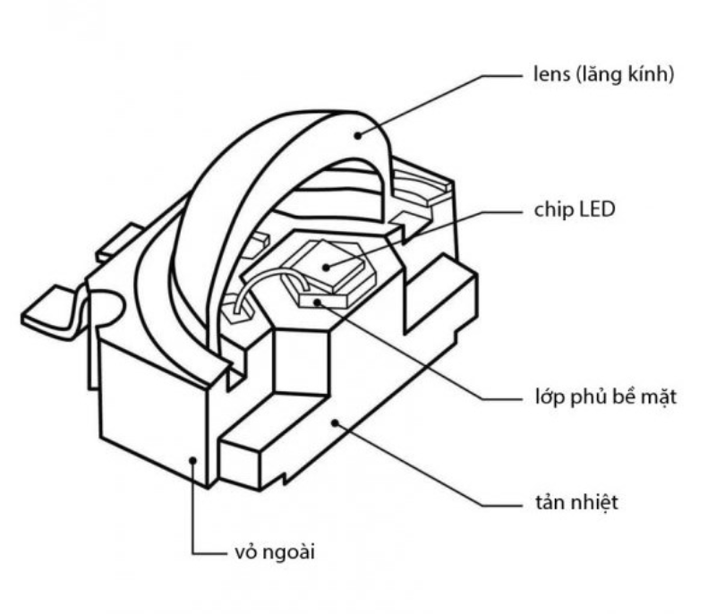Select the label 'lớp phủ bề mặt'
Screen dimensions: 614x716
coord(599,396)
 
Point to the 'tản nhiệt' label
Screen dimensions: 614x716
coord(570,502)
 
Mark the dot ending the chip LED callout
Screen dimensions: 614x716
coord(327,265)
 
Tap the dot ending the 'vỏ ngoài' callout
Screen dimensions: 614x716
coord(193,458)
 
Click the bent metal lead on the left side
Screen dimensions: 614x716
coord(54,309)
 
